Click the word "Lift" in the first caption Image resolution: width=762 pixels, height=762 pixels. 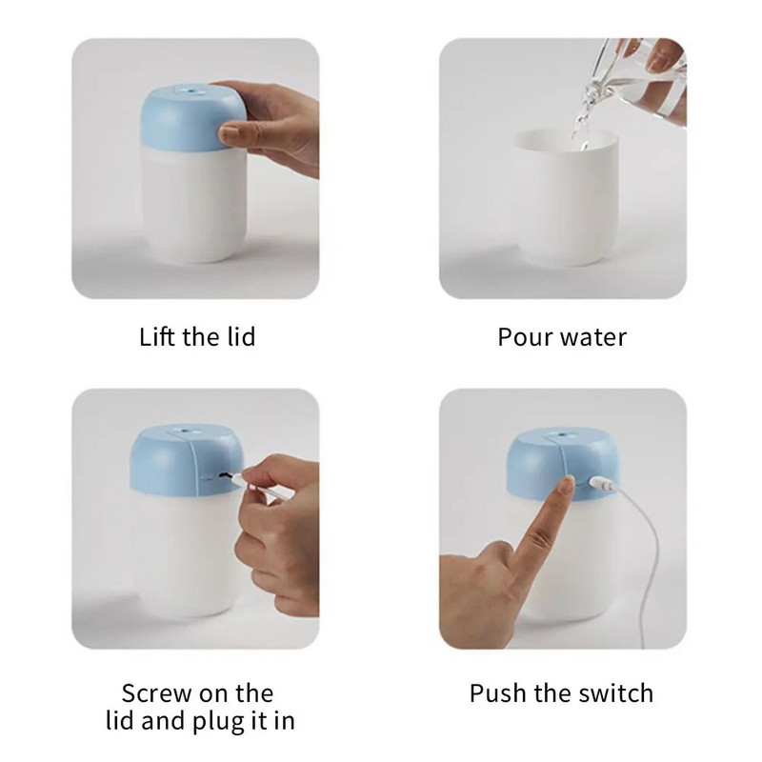click(x=156, y=336)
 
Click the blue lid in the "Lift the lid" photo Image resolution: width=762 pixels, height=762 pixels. click(x=192, y=117)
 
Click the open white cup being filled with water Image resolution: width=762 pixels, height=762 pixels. click(x=565, y=197)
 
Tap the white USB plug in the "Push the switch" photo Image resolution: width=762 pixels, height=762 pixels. click(x=603, y=484)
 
